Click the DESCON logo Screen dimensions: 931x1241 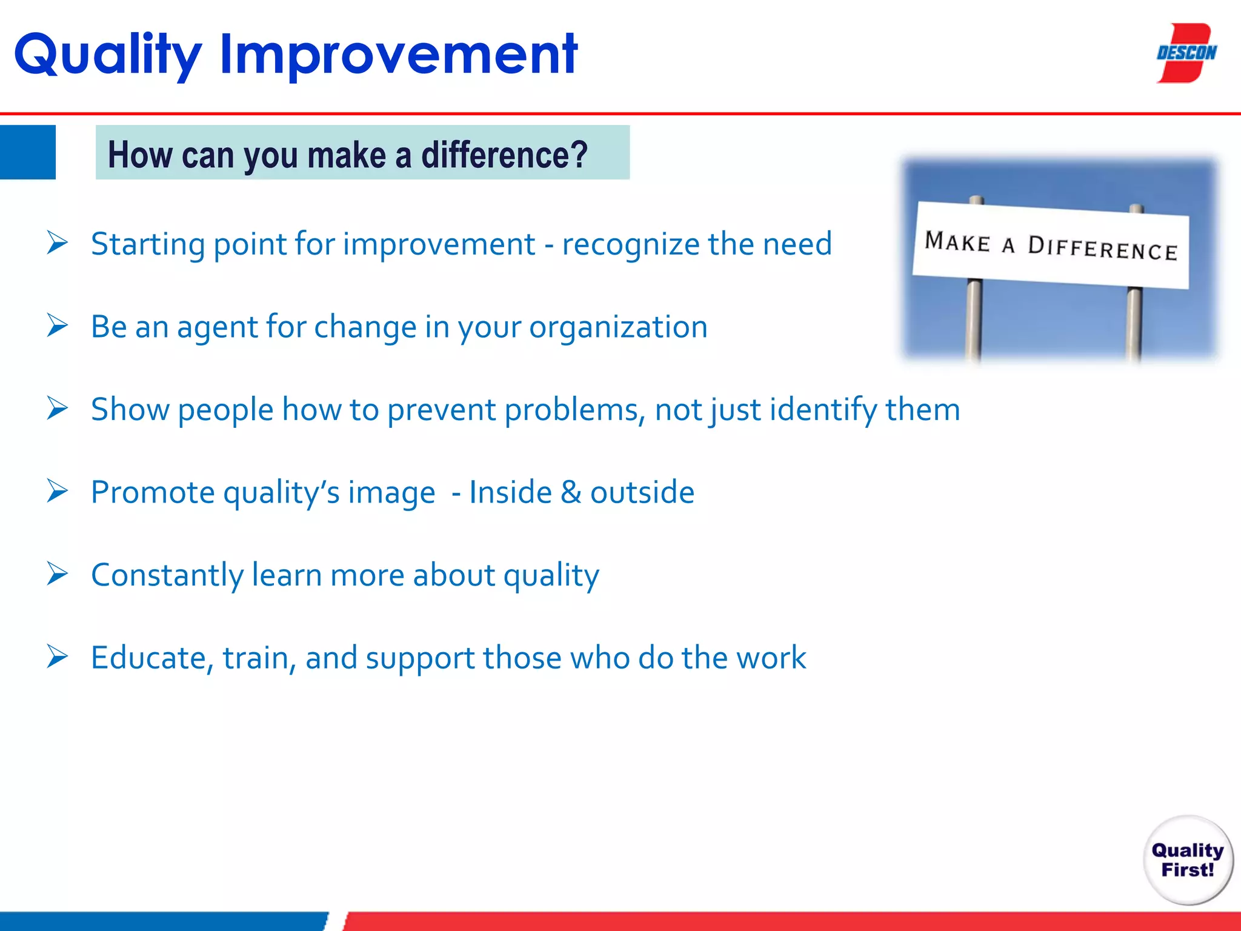(x=1186, y=53)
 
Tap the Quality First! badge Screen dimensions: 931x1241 (x=1187, y=860)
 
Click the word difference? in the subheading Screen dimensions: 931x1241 (x=504, y=155)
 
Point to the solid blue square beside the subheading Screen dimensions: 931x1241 (x=27, y=152)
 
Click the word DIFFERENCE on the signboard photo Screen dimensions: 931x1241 (x=1102, y=248)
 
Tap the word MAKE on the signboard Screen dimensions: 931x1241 (x=957, y=241)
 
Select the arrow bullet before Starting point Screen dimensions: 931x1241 (x=58, y=243)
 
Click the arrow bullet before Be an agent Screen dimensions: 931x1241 (x=58, y=326)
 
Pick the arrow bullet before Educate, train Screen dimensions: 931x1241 (x=58, y=657)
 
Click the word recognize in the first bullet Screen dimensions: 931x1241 (x=631, y=245)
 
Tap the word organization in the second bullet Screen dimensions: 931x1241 (x=618, y=328)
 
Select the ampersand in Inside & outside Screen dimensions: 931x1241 (x=571, y=492)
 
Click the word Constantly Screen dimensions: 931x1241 (x=167, y=575)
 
